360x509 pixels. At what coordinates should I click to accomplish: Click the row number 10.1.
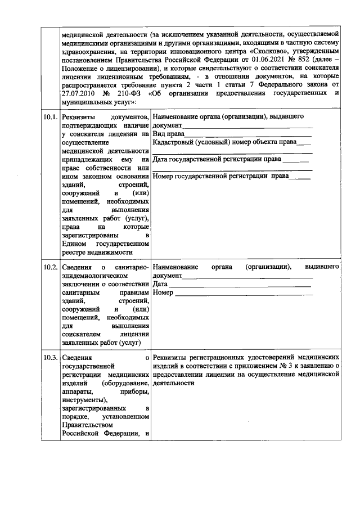coord(50,117)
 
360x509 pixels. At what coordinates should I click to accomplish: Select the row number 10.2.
coord(50,267)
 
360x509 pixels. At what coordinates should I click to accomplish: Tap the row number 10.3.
coord(50,357)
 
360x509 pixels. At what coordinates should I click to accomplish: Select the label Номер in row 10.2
coord(163,294)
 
